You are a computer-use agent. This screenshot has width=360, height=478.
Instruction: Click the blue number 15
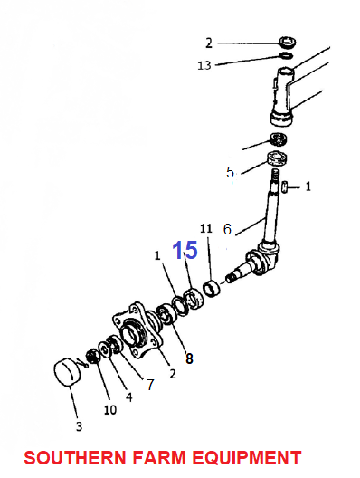(x=185, y=250)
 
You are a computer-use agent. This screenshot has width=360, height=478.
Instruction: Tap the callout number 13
(x=204, y=65)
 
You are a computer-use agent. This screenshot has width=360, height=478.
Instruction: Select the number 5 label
(x=230, y=172)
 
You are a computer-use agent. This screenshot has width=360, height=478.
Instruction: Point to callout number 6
(x=227, y=229)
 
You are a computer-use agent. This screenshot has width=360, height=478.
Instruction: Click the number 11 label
(x=206, y=228)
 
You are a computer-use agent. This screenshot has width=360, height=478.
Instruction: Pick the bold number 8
(x=189, y=358)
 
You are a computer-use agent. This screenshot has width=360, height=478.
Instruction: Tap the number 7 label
(x=150, y=385)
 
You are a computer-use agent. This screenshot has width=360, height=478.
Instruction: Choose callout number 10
(x=110, y=410)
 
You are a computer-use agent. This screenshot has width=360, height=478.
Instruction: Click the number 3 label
(x=80, y=426)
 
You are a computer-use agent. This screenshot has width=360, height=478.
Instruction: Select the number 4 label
(x=129, y=397)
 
